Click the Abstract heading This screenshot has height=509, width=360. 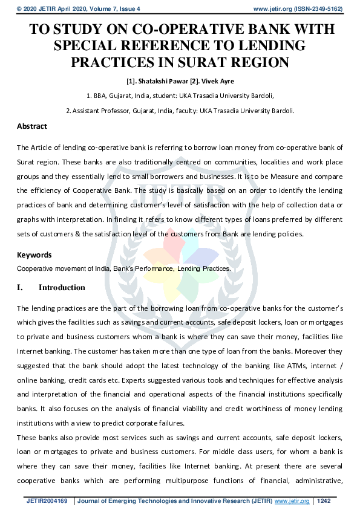[x=31, y=126]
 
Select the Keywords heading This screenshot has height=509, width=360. [x=34, y=255]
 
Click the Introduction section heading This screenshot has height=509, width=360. [x=62, y=288]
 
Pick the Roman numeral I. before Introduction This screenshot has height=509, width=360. [x=21, y=288]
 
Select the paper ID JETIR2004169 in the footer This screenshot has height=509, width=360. [x=48, y=501]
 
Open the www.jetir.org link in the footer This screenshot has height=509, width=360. [x=293, y=501]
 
